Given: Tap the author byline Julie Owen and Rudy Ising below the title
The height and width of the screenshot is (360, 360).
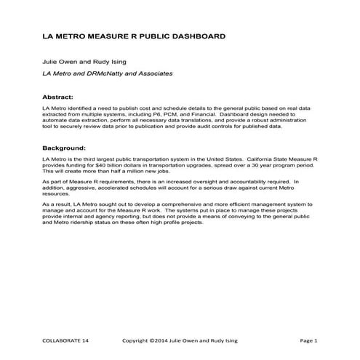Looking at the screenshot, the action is (x=84, y=63).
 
